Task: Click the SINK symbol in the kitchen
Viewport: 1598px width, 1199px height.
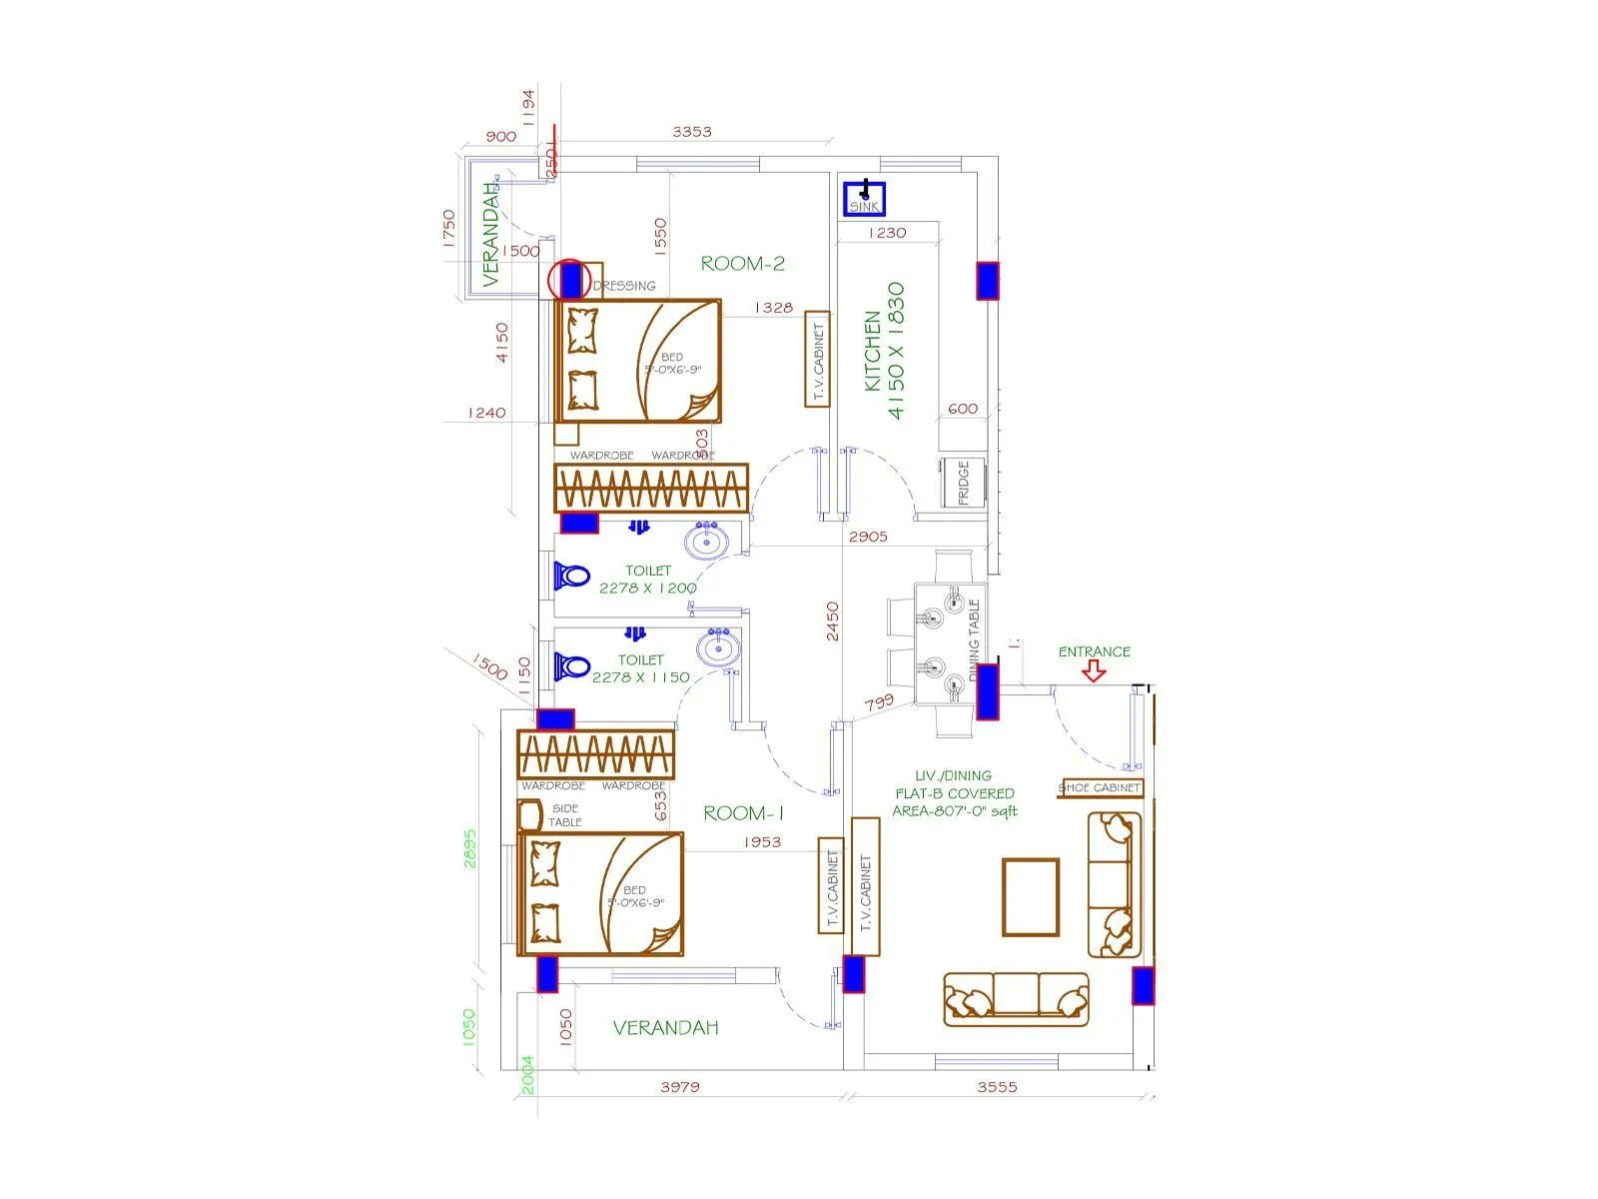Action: [x=864, y=197]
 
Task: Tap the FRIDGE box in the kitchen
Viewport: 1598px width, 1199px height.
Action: [x=963, y=483]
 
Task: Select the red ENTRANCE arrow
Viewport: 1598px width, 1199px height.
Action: [x=1094, y=672]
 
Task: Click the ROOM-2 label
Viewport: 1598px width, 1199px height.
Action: [x=742, y=264]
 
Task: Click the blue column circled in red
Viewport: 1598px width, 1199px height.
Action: [x=570, y=279]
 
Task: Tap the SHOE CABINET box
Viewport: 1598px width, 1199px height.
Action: [x=1100, y=787]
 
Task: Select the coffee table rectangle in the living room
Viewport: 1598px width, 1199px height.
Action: [x=1031, y=896]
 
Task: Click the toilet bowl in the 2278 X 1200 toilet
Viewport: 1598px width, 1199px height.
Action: [x=573, y=577]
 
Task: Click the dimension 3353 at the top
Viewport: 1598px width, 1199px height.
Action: [x=691, y=132]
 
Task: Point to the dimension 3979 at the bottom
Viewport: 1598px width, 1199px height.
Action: [x=679, y=1087]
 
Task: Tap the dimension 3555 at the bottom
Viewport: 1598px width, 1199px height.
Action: [x=997, y=1087]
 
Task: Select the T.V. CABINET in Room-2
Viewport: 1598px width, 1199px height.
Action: [x=817, y=359]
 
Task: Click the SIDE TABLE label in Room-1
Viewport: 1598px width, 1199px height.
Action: [x=564, y=815]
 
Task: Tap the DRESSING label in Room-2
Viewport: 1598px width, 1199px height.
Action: [x=624, y=286]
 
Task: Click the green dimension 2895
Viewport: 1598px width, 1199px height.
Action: [x=470, y=848]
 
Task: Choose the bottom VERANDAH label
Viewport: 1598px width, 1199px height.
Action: [x=665, y=1027]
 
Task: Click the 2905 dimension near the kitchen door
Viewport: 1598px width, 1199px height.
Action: [x=867, y=537]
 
